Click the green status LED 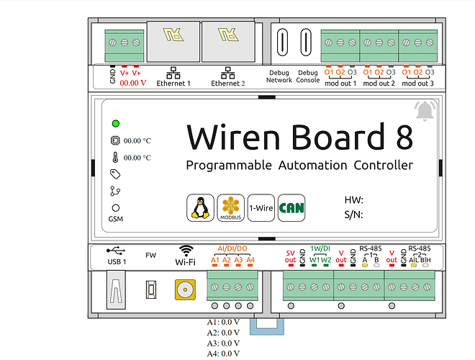pos(116,124)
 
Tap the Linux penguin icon pos(200,208)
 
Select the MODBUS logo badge pos(231,208)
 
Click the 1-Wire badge pos(261,208)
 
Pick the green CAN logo pos(291,208)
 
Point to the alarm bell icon pos(425,111)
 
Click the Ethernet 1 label pos(173,84)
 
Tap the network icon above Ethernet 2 pos(228,73)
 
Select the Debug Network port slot pos(282,42)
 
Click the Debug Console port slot pos(306,42)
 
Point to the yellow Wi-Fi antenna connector pos(185,289)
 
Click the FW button pos(151,289)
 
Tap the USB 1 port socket pos(116,290)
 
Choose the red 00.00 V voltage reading pos(133,83)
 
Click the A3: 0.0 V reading pos(223,343)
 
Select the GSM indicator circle pos(116,208)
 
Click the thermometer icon pos(115,158)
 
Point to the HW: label pos(354,200)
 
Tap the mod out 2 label pos(379,84)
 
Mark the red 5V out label pos(290,256)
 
